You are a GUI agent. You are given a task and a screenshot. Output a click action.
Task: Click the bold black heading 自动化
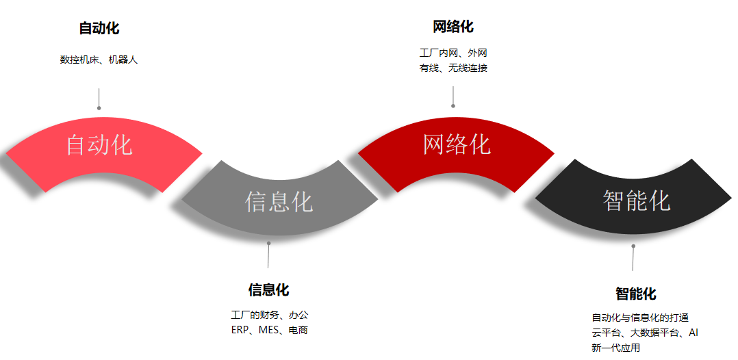(x=99, y=28)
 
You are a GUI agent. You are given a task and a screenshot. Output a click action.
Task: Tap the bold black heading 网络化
(x=453, y=27)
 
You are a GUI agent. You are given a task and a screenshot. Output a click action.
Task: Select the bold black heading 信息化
(x=268, y=290)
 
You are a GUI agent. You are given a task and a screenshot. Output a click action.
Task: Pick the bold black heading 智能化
(x=635, y=294)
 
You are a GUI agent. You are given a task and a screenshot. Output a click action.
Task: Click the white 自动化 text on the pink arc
(x=99, y=144)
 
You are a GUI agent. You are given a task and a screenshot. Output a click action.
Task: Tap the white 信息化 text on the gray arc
(x=279, y=202)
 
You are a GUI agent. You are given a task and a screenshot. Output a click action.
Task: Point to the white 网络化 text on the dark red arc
(x=457, y=144)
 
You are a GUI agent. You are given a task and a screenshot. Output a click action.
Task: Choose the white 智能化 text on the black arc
(x=637, y=201)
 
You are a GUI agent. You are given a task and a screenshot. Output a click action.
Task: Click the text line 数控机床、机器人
(x=99, y=60)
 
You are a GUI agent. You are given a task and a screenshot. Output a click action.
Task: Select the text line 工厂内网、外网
(x=453, y=53)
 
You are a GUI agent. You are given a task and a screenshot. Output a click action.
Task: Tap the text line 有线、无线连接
(x=453, y=68)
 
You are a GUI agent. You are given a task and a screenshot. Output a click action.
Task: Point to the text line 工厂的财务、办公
(x=269, y=315)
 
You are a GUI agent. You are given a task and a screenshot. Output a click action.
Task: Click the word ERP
(x=239, y=330)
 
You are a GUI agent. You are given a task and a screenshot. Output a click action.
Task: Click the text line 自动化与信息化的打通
(x=640, y=318)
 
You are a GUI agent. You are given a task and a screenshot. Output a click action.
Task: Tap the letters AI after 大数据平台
(x=694, y=333)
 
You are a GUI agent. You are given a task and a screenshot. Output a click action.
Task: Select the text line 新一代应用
(x=615, y=348)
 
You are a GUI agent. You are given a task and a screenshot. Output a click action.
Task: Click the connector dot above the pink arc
(x=99, y=108)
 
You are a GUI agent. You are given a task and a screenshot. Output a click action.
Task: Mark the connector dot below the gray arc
(x=269, y=243)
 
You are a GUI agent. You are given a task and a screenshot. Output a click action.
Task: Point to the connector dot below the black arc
(x=633, y=246)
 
